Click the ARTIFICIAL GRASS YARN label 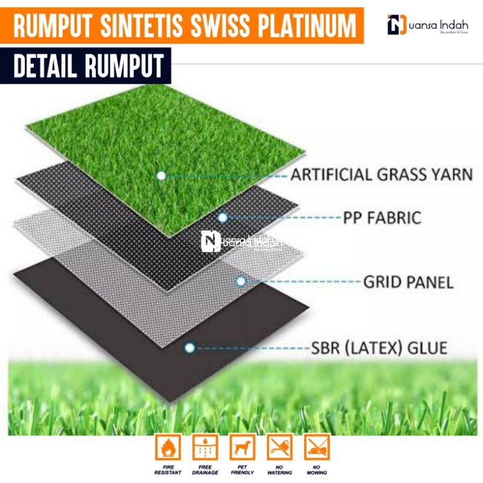click(x=381, y=175)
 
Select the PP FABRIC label click(x=381, y=217)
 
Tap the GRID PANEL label click(x=408, y=281)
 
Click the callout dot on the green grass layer click(x=161, y=176)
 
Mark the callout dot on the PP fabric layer click(x=223, y=217)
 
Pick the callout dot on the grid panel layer click(x=241, y=281)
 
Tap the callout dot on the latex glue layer click(x=190, y=348)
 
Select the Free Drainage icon click(x=205, y=447)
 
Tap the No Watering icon click(x=280, y=447)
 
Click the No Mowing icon click(x=317, y=447)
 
